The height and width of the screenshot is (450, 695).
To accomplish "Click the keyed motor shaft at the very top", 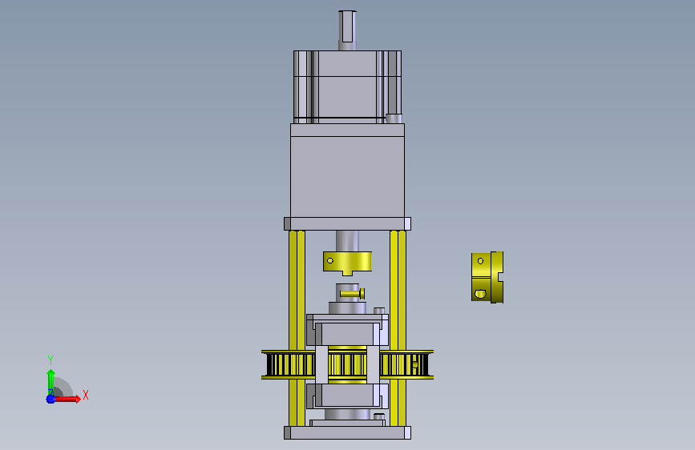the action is [347, 30].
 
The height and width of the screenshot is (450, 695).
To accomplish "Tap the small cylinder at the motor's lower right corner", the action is [394, 119].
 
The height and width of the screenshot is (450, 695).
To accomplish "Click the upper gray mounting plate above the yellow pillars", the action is [348, 223].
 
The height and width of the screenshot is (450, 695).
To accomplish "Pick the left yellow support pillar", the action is [297, 327].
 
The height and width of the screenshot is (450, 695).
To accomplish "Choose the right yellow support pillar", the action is [398, 327].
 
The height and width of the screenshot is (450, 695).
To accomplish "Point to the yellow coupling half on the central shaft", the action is [348, 263].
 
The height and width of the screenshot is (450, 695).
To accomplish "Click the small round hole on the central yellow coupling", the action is [329, 260].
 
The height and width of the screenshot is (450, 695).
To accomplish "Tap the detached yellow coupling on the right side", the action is [487, 277].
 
